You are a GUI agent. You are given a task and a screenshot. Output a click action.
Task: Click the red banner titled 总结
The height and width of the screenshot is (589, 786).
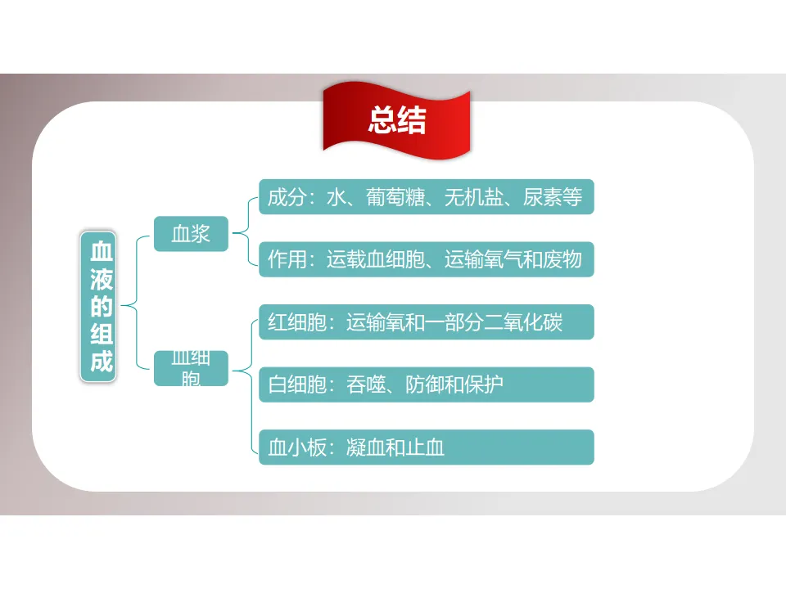(397, 121)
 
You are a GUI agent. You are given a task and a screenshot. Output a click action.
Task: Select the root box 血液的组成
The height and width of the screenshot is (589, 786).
(101, 305)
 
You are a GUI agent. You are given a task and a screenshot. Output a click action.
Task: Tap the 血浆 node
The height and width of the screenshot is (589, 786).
(191, 234)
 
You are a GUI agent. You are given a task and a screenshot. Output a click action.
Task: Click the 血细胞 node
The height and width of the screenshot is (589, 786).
(191, 368)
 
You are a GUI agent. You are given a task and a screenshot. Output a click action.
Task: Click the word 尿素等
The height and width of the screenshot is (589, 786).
(553, 197)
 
